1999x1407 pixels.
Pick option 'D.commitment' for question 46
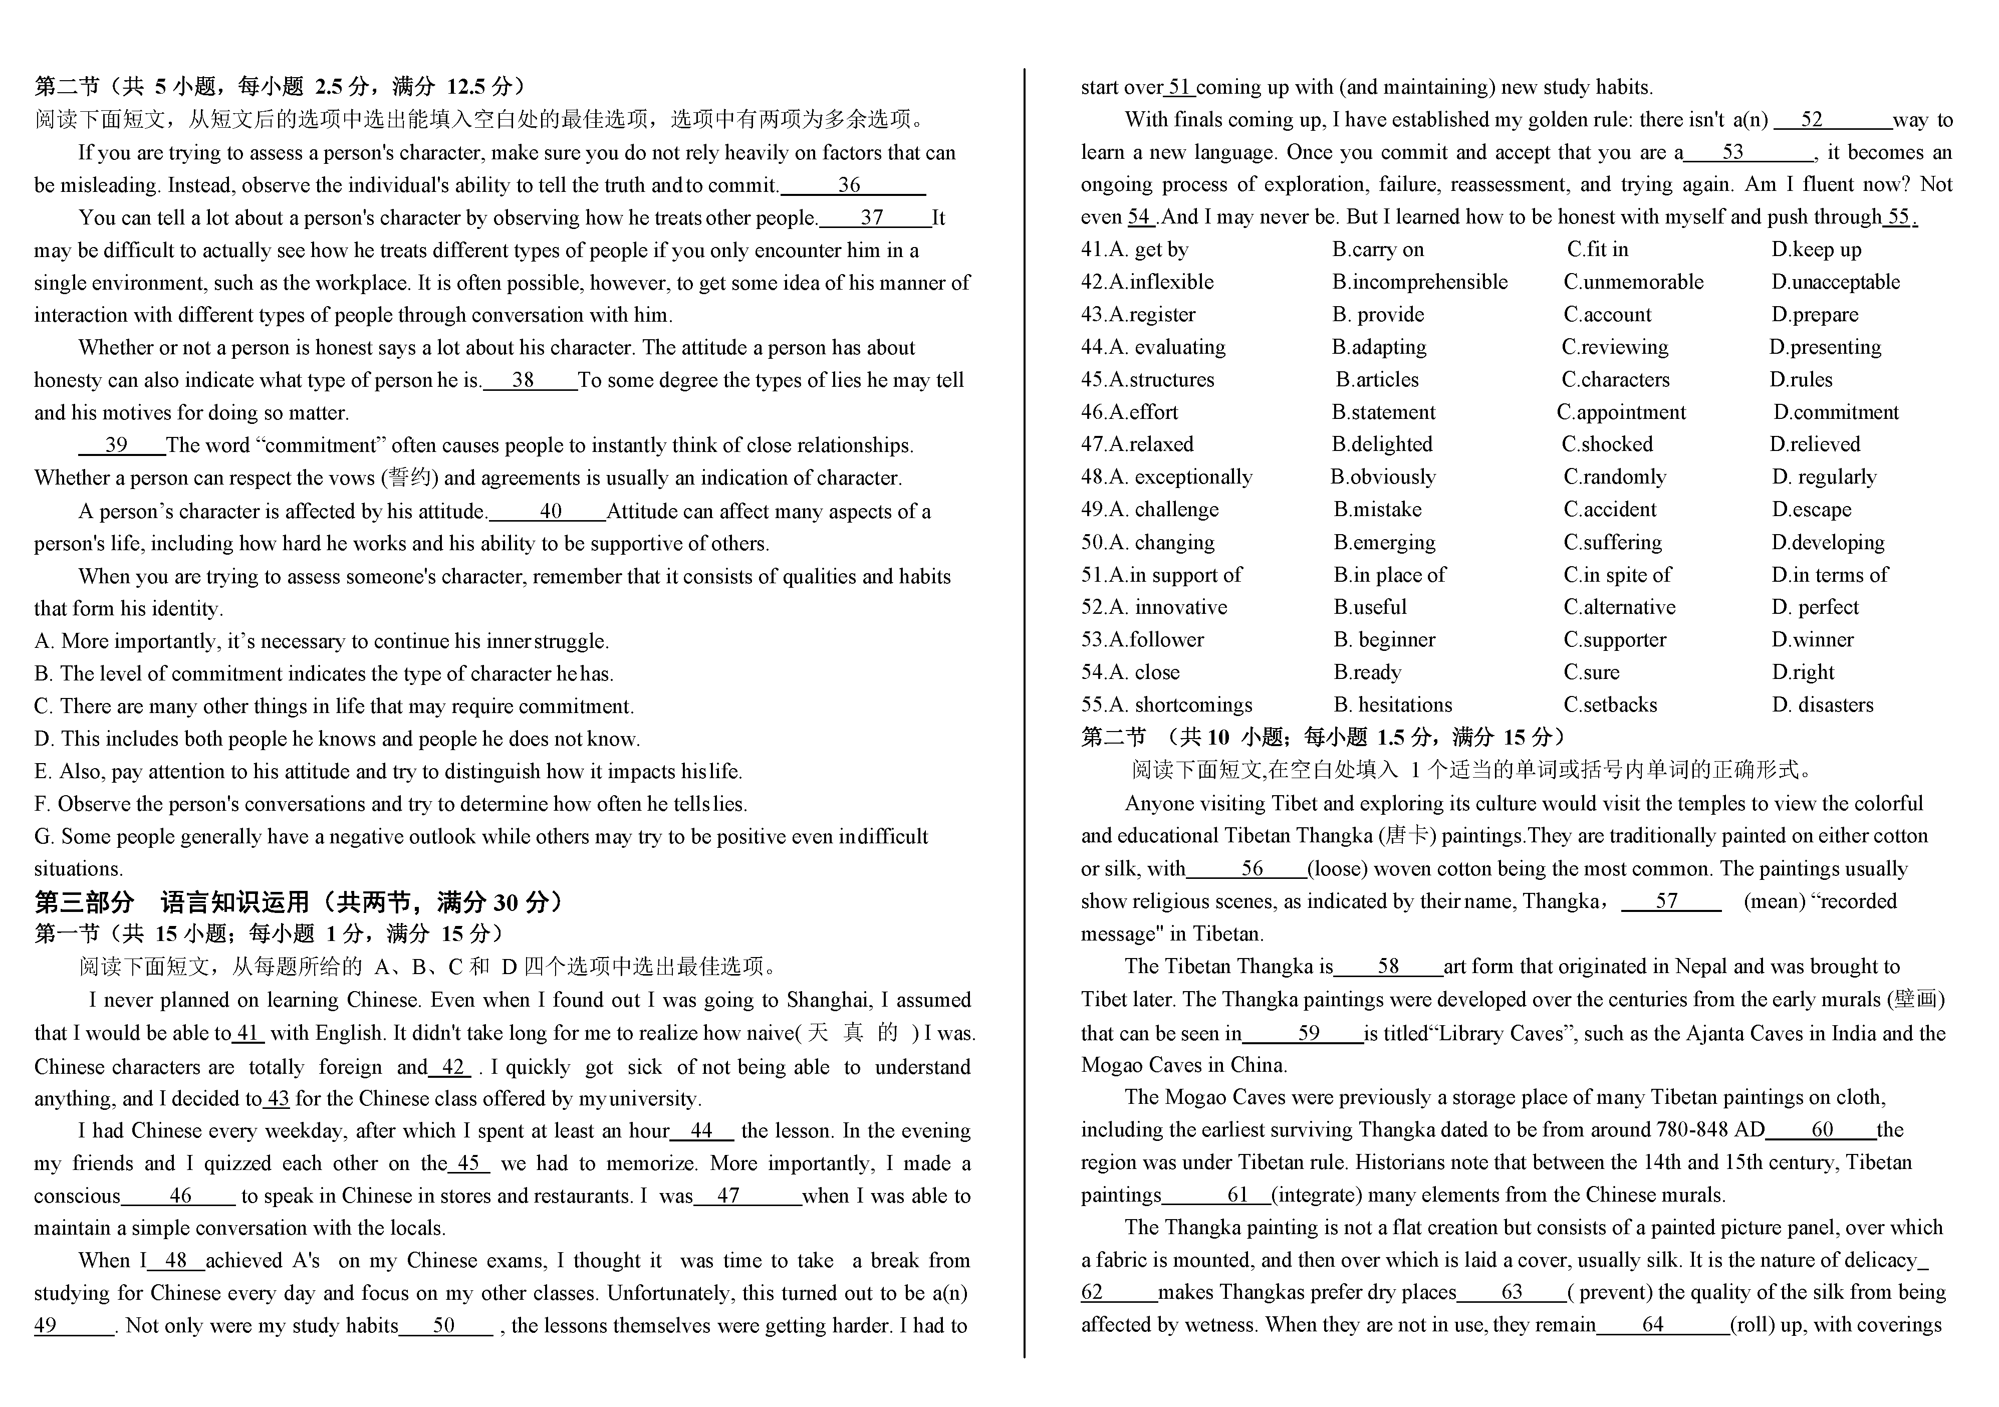pos(1835,413)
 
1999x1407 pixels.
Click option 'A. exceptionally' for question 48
pos(1167,477)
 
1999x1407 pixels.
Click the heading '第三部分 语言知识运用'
pos(296,902)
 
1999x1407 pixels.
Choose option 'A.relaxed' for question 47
pos(1137,445)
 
